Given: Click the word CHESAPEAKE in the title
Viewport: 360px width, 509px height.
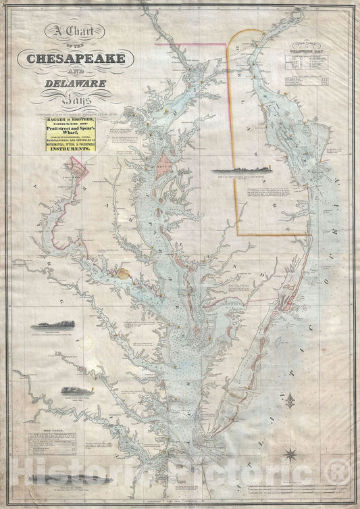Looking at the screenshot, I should (76, 59).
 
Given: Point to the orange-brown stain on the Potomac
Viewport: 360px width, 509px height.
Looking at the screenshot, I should (122, 272).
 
